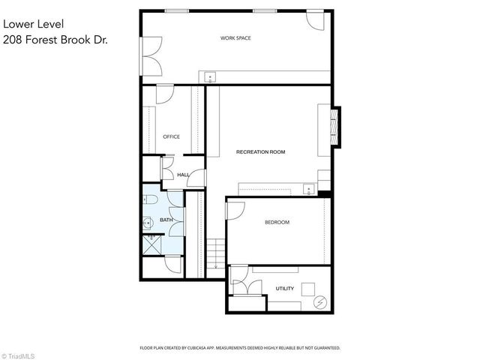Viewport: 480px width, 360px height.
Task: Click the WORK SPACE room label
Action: coord(235,37)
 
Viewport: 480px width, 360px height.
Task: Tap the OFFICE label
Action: coord(171,136)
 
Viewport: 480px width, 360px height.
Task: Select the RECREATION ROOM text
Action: coord(260,152)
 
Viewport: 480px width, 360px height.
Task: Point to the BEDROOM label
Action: coord(277,223)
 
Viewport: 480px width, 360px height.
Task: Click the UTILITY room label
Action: coord(284,288)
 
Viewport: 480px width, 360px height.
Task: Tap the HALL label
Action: coord(182,175)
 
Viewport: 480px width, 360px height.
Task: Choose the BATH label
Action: coord(166,220)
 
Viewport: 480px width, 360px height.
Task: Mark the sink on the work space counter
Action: coord(210,76)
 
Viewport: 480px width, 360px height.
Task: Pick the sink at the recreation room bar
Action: coord(307,187)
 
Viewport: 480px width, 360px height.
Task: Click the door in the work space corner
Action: coord(316,20)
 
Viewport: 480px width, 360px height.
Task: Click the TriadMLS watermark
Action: coord(20,354)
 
